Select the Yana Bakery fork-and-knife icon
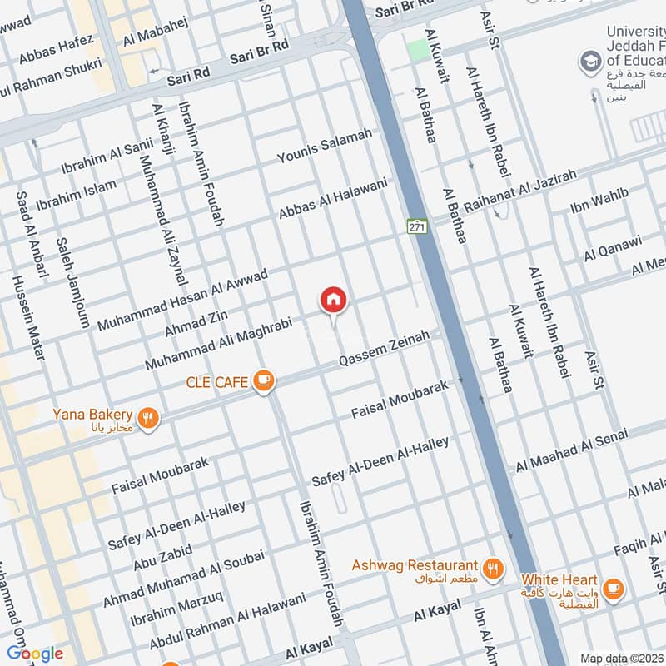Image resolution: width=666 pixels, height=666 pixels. (148, 418)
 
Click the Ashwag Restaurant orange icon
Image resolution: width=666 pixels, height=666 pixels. (494, 569)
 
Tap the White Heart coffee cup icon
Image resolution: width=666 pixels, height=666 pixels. (614, 589)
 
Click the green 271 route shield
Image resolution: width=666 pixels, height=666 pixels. (416, 226)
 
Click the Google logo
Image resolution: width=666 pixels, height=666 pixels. (34, 653)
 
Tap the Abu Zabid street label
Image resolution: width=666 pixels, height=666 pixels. (162, 557)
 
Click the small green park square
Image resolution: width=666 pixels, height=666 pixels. (420, 49)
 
